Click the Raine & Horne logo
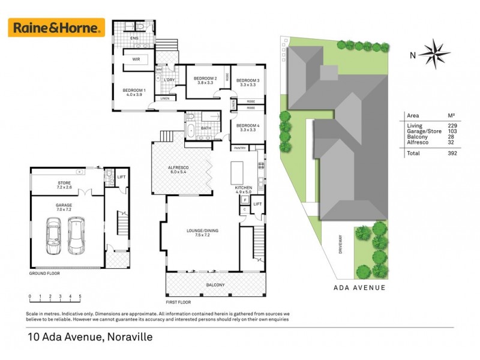point(56,28)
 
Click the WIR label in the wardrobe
point(136,59)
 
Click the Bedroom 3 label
point(247,83)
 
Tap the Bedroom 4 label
point(247,127)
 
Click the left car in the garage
point(53,235)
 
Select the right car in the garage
point(76,235)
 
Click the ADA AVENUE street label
point(358,287)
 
